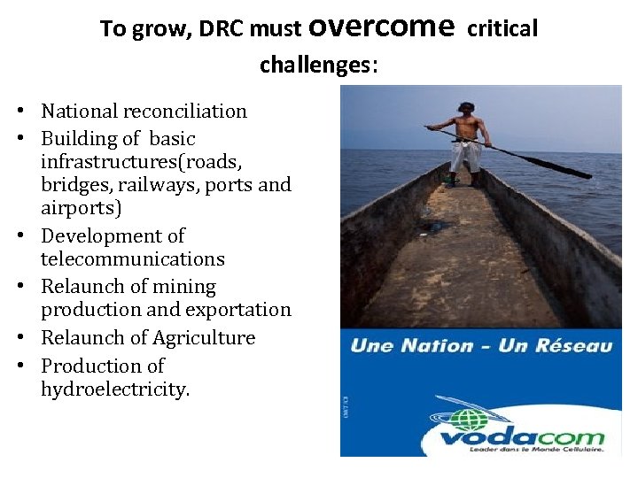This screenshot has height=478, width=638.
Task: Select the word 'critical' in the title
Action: [502, 29]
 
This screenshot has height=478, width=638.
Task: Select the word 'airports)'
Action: [82, 208]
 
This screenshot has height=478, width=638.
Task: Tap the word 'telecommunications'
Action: [133, 259]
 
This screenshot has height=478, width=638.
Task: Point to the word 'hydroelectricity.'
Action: [115, 389]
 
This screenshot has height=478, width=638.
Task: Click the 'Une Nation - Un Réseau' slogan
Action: [480, 345]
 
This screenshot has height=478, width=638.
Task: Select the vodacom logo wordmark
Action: [522, 437]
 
